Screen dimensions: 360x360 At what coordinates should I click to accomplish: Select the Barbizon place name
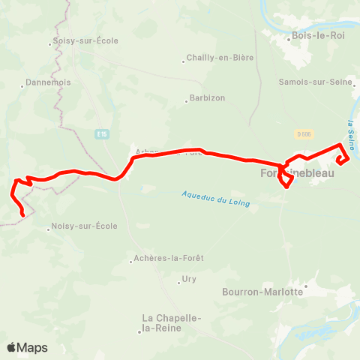208,97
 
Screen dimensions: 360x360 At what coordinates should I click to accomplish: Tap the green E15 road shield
102,133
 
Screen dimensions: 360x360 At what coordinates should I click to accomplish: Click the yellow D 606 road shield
303,133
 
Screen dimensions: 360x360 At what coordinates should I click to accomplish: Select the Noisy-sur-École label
85,226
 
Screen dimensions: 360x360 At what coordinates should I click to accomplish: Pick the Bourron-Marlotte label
262,291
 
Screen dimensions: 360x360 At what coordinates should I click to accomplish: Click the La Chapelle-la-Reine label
172,322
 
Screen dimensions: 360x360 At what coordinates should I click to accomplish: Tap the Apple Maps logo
27,347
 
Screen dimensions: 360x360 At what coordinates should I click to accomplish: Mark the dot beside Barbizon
187,97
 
